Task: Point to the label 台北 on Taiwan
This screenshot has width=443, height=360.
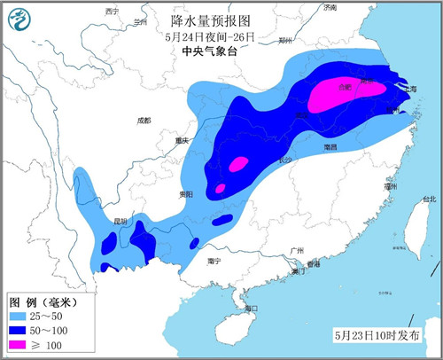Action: tap(429, 200)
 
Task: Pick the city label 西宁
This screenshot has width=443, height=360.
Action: tap(111, 11)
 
